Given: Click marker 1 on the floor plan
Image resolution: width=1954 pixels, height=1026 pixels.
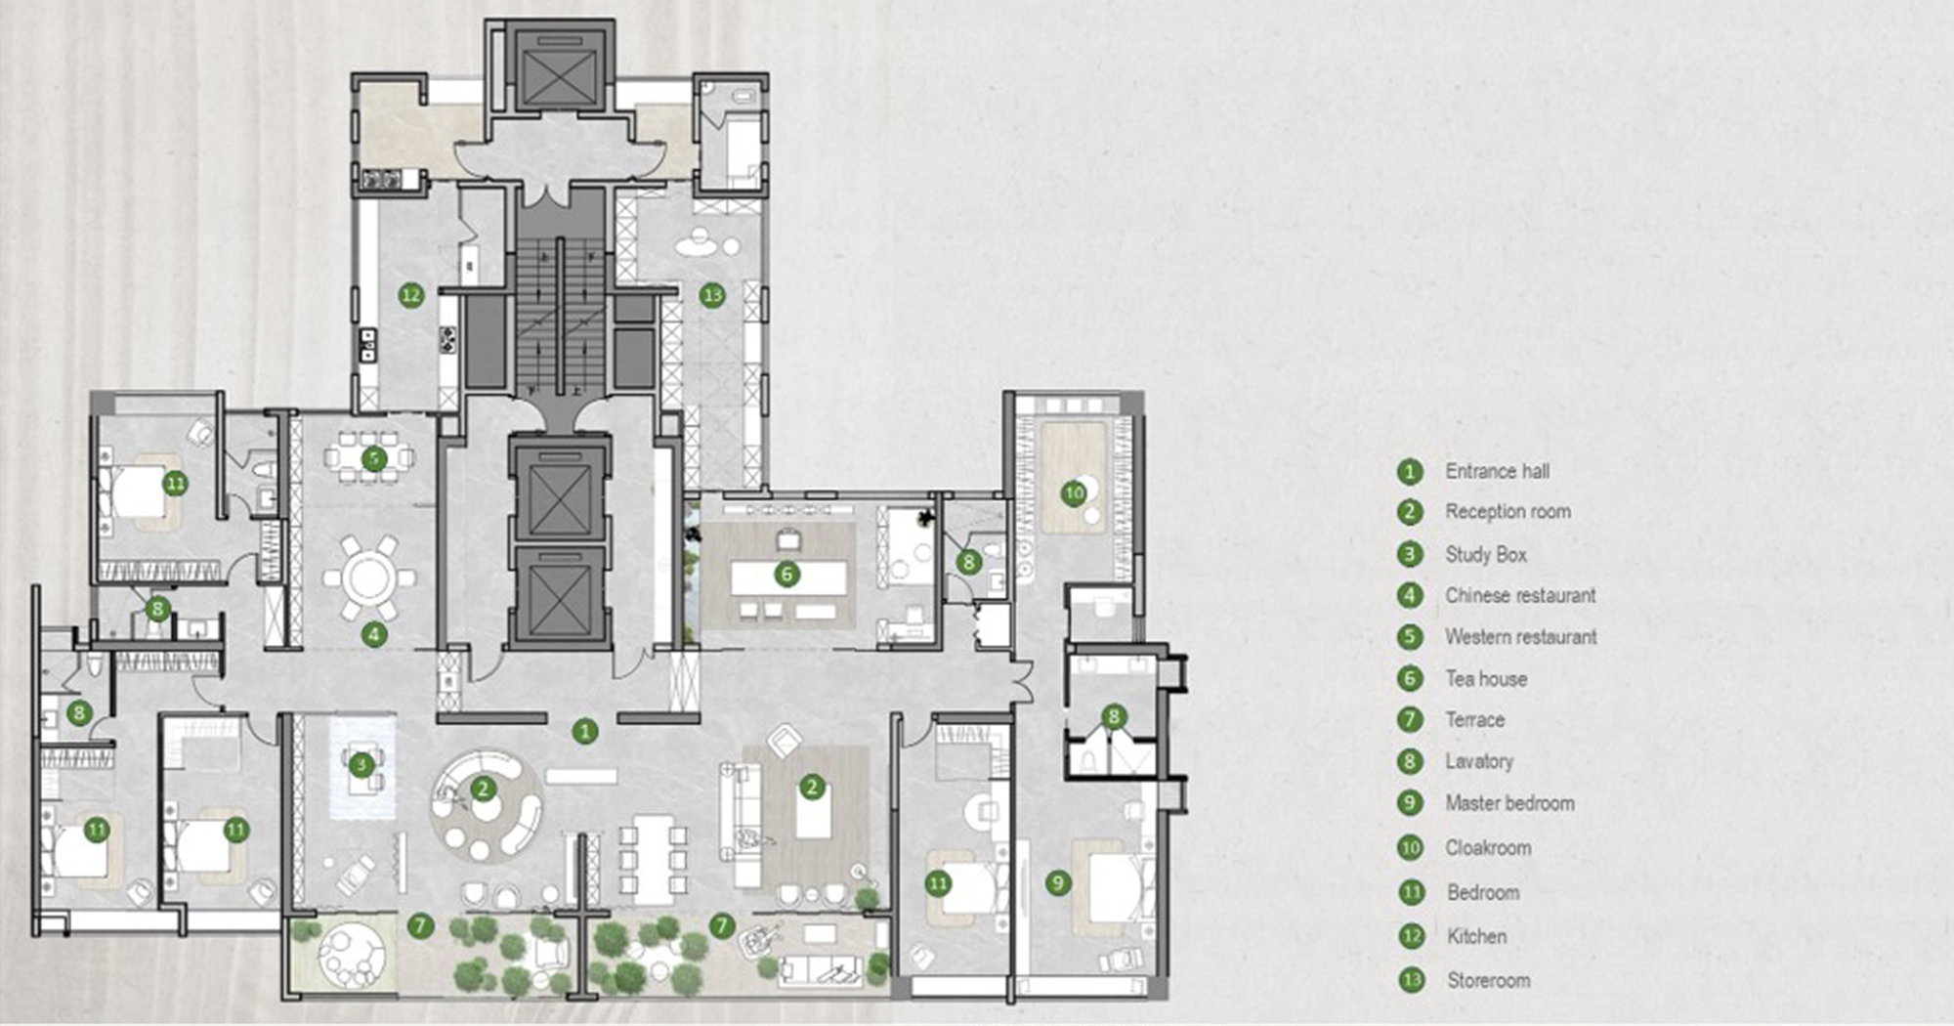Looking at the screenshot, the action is [x=584, y=730].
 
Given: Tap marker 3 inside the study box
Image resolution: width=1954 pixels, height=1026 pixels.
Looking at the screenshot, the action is [x=361, y=764].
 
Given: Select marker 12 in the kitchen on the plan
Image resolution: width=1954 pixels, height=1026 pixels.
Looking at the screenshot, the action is [x=411, y=294].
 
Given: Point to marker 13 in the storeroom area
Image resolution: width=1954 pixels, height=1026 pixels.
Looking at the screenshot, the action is [x=712, y=294].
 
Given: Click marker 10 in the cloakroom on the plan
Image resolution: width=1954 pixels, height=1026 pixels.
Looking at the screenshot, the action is [x=1074, y=492].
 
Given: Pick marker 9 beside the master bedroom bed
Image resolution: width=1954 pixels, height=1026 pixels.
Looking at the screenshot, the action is [x=1057, y=883].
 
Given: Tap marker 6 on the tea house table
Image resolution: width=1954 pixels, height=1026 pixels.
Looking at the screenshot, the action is [x=786, y=575].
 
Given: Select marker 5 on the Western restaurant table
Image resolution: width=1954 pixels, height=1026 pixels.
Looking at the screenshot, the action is [x=373, y=458].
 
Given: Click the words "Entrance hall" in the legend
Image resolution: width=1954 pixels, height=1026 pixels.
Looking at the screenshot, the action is [x=1498, y=471].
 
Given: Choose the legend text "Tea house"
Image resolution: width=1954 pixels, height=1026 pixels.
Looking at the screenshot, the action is [x=1486, y=678].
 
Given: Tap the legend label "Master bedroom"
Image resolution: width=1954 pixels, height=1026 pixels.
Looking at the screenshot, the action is [x=1510, y=803].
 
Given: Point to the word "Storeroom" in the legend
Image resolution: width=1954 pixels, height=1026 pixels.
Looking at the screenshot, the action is [x=1489, y=980].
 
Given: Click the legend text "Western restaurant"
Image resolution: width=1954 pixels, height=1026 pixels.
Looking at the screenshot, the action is [x=1521, y=637].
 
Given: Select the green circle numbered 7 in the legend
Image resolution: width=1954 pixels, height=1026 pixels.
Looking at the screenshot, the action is [x=1410, y=720].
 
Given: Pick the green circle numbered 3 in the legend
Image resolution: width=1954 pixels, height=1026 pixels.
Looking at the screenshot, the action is [x=1410, y=554].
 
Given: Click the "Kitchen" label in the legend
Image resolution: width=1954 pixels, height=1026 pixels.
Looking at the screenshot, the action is [x=1477, y=936].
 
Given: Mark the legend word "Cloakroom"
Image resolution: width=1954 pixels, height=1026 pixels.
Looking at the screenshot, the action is [x=1488, y=847].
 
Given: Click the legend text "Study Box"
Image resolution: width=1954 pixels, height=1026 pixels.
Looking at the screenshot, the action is [x=1486, y=554].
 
